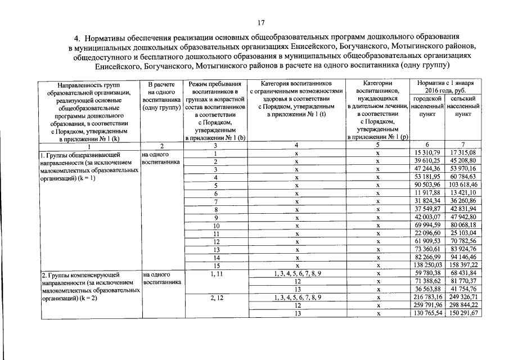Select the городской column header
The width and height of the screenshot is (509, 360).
(x=426, y=98)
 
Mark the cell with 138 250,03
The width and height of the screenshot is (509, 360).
(x=426, y=265)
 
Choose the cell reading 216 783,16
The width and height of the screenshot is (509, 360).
(x=426, y=297)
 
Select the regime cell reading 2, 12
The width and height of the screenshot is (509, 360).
(x=215, y=297)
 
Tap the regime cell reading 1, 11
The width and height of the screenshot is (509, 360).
(x=215, y=273)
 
